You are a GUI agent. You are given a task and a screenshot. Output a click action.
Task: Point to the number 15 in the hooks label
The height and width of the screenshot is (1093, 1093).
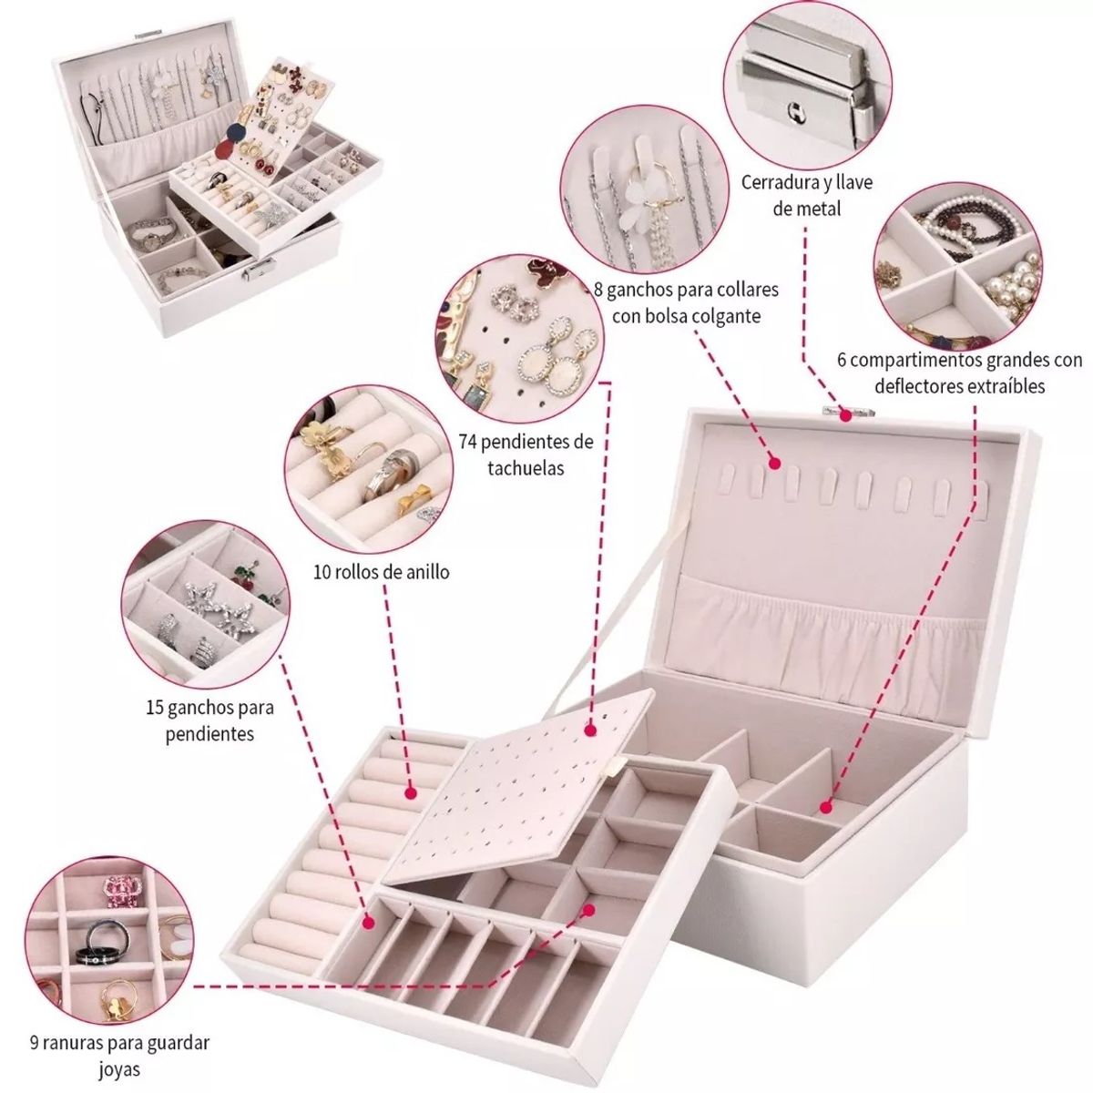click(x=154, y=706)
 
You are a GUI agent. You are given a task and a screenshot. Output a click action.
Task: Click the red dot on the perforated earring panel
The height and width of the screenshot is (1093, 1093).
click(x=591, y=728)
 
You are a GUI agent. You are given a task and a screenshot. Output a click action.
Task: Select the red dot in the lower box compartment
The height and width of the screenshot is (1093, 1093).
click(x=826, y=805)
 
